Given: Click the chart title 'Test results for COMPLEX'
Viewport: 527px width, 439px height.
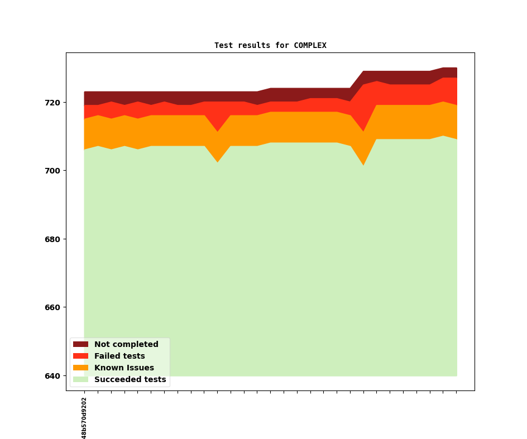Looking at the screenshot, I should [270, 45].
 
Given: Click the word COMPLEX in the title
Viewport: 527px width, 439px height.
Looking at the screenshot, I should [310, 45].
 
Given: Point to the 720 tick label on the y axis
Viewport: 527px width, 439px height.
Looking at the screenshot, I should [52, 103].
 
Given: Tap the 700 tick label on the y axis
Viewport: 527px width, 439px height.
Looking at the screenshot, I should [52, 171].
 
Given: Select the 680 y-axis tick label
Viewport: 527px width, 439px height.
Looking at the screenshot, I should [52, 239].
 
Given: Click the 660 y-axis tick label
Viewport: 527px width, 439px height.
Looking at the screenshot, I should [52, 307].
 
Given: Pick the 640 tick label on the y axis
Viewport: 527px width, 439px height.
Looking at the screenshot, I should [52, 376].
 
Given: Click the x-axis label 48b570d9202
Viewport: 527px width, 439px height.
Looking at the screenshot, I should [84, 418].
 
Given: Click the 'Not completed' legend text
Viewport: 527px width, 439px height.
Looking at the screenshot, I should [126, 344].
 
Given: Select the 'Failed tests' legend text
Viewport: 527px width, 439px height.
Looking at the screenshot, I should [119, 356].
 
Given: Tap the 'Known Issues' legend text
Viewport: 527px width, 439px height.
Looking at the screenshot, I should [124, 368].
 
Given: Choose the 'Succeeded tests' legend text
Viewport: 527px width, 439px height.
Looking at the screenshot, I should [130, 379].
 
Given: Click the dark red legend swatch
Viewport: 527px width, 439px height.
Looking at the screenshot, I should [80, 344].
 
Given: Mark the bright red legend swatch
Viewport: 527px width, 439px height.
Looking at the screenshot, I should [80, 356].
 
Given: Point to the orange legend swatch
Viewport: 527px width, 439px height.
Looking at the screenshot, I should [80, 368].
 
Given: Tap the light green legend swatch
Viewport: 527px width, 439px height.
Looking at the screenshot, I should [80, 379].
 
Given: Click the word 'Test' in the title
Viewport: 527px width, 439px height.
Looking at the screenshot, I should [223, 45].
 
